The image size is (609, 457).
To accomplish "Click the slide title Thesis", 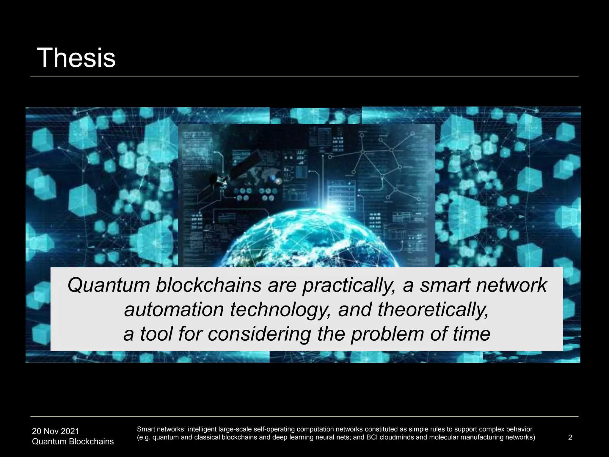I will [76, 58].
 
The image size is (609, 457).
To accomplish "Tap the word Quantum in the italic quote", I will [109, 285].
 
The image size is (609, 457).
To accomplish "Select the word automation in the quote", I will [174, 309].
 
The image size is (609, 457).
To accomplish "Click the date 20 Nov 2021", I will [56, 431].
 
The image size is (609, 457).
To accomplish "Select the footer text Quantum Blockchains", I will [73, 441].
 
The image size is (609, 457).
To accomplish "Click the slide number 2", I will [570, 437].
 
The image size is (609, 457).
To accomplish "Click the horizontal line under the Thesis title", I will [304, 76].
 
